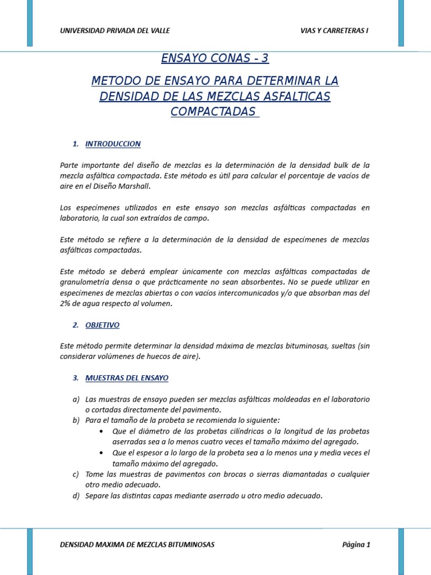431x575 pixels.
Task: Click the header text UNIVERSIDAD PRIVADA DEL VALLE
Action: tap(115, 30)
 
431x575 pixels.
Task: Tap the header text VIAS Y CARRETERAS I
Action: tap(334, 30)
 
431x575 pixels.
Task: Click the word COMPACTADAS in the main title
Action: tap(212, 111)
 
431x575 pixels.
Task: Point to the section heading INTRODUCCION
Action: tap(113, 144)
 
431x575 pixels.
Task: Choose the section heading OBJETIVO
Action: tap(102, 325)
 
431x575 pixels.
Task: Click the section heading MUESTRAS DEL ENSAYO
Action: tap(127, 378)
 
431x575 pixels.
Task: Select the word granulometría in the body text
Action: tap(84, 282)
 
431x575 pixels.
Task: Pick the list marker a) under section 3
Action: tap(75, 399)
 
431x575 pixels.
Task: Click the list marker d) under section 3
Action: tap(76, 495)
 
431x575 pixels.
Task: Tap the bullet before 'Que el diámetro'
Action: tap(101, 431)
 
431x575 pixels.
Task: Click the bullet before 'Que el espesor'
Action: tap(101, 453)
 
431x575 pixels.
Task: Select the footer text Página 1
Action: tap(356, 545)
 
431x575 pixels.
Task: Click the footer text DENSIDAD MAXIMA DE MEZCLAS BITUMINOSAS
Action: tap(137, 545)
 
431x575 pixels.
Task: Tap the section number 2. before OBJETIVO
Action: tap(76, 325)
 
